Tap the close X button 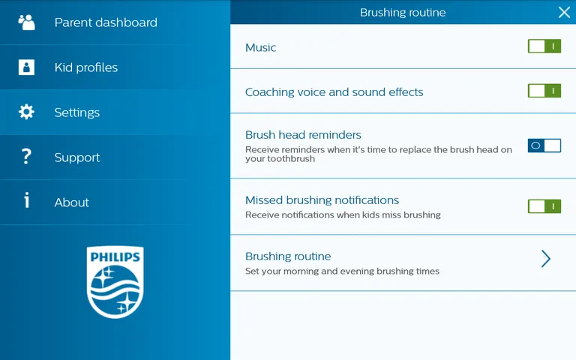564,12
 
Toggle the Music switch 544,46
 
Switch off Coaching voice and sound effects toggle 544,91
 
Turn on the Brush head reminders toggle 544,145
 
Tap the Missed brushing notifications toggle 544,206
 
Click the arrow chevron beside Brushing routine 546,259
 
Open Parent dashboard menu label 106,22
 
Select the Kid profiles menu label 86,67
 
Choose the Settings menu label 77,112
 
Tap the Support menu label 77,157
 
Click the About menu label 72,202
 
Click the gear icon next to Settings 26,112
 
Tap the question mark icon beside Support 26,157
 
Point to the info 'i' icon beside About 26,201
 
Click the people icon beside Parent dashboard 26,22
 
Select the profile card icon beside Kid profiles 26,67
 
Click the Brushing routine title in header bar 403,12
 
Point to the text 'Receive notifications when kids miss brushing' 343,214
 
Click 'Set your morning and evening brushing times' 342,271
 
